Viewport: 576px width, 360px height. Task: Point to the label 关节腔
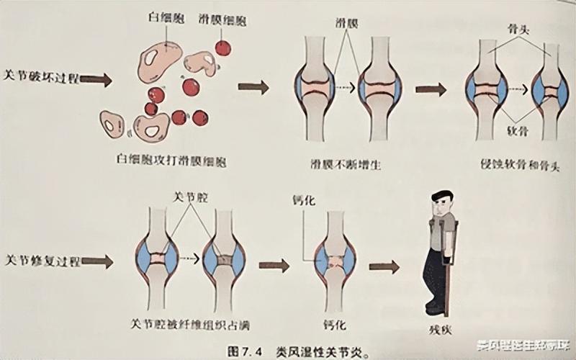pyautogui.click(x=188, y=196)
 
